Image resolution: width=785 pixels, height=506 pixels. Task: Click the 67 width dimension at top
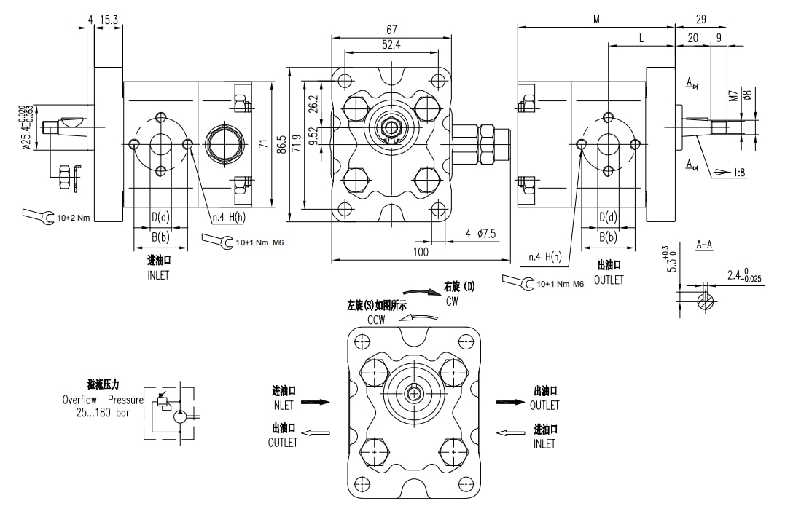(x=391, y=29)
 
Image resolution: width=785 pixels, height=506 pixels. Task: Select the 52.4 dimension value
(x=391, y=45)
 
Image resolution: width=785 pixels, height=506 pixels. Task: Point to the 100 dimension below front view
(x=421, y=251)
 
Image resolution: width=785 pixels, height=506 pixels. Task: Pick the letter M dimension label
(x=596, y=20)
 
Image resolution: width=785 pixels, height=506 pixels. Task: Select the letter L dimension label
(x=641, y=38)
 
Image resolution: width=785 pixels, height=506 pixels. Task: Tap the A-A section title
(x=704, y=245)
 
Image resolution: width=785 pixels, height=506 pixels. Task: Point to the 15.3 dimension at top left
(x=110, y=20)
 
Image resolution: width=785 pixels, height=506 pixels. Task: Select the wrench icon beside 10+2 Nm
(x=37, y=216)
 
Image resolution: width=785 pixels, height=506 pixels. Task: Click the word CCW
(x=376, y=320)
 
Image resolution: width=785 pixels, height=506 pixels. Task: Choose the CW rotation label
(x=452, y=301)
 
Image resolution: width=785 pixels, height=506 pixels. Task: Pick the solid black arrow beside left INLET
(x=315, y=401)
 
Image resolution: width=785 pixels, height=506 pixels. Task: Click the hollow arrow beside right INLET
(x=510, y=433)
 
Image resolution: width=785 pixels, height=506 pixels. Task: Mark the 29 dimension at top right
(x=701, y=20)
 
